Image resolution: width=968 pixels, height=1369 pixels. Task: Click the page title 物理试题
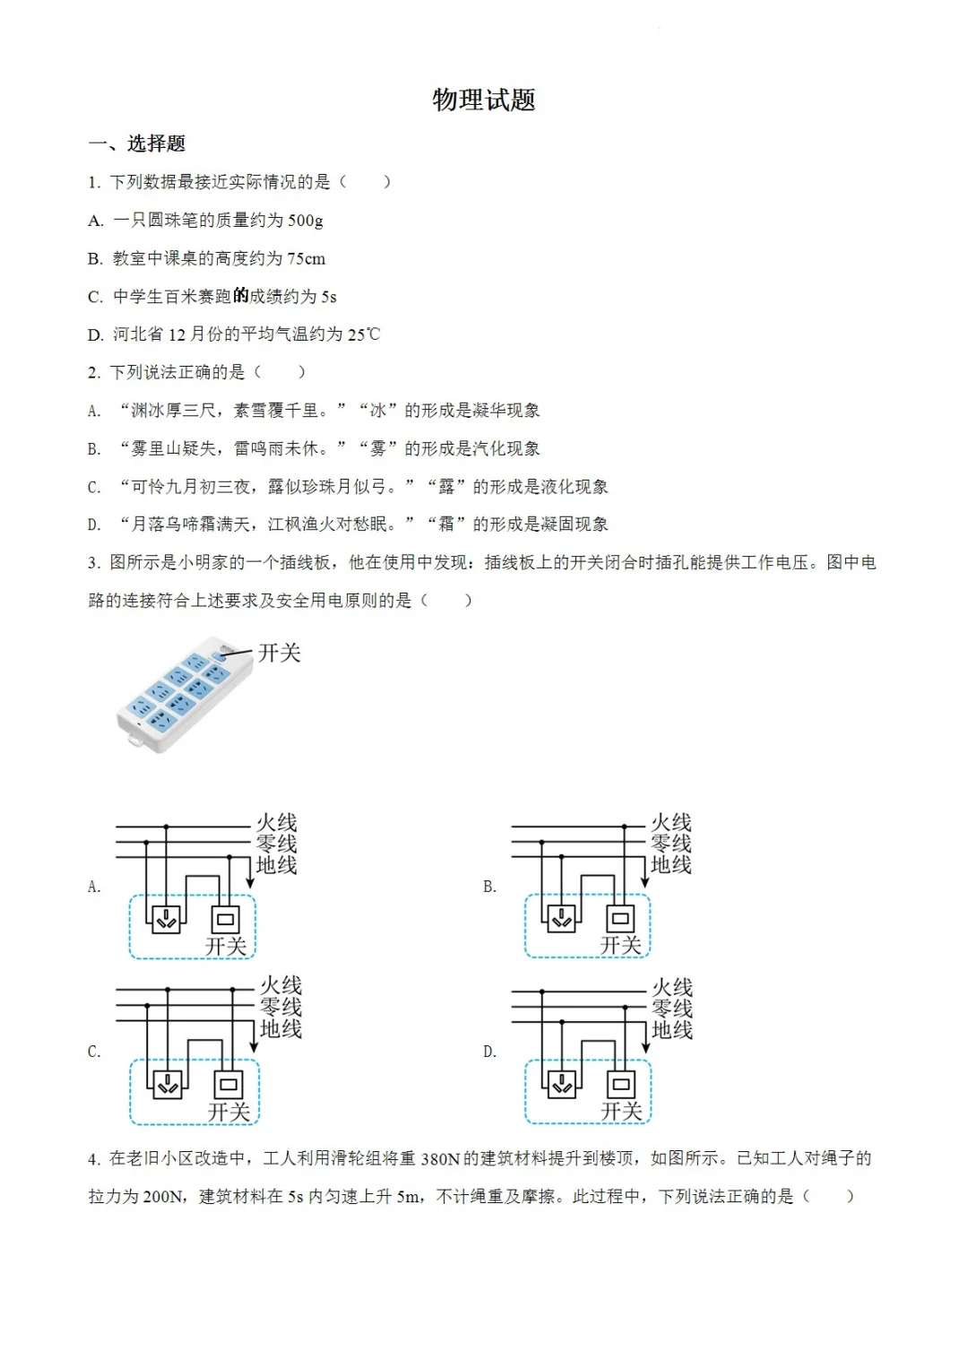[483, 100]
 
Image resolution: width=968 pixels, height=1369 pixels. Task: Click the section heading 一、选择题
[137, 143]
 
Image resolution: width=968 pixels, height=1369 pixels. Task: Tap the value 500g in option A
[305, 221]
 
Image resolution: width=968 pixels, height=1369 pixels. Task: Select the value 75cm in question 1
[306, 259]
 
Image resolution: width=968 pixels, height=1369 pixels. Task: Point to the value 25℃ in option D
[363, 334]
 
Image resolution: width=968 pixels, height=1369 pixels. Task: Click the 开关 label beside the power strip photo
[279, 653]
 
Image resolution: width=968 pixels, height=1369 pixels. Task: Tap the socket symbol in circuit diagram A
[167, 918]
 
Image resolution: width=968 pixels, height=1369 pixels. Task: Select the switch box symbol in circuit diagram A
[226, 919]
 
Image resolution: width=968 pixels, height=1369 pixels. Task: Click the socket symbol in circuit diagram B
[561, 918]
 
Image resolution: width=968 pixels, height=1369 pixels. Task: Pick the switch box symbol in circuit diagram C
[229, 1084]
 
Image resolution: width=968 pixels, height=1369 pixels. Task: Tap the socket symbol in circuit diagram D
[562, 1084]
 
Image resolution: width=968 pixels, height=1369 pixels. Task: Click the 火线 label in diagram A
[276, 822]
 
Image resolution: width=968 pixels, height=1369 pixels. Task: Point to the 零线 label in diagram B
[670, 844]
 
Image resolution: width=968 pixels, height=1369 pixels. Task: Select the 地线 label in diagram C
[281, 1029]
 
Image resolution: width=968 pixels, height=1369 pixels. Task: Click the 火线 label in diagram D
[671, 987]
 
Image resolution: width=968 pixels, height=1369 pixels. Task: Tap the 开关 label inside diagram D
[621, 1112]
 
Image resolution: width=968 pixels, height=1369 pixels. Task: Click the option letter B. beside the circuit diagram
[489, 887]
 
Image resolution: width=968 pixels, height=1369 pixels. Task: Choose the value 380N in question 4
[440, 1159]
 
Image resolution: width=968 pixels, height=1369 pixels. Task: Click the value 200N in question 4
[163, 1197]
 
